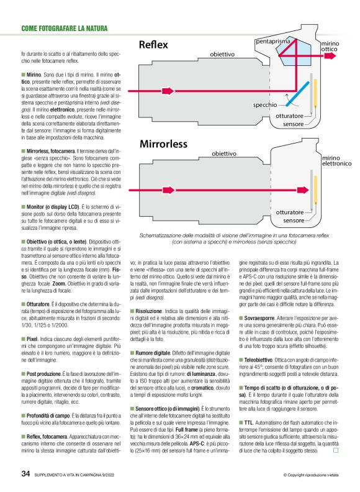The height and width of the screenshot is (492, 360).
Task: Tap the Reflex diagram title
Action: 155,45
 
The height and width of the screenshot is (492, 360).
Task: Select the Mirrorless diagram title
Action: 163,144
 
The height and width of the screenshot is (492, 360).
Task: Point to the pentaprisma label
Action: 277,41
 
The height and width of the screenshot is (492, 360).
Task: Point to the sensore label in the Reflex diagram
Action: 294,124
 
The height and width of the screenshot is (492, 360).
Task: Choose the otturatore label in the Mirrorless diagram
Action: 289,212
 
